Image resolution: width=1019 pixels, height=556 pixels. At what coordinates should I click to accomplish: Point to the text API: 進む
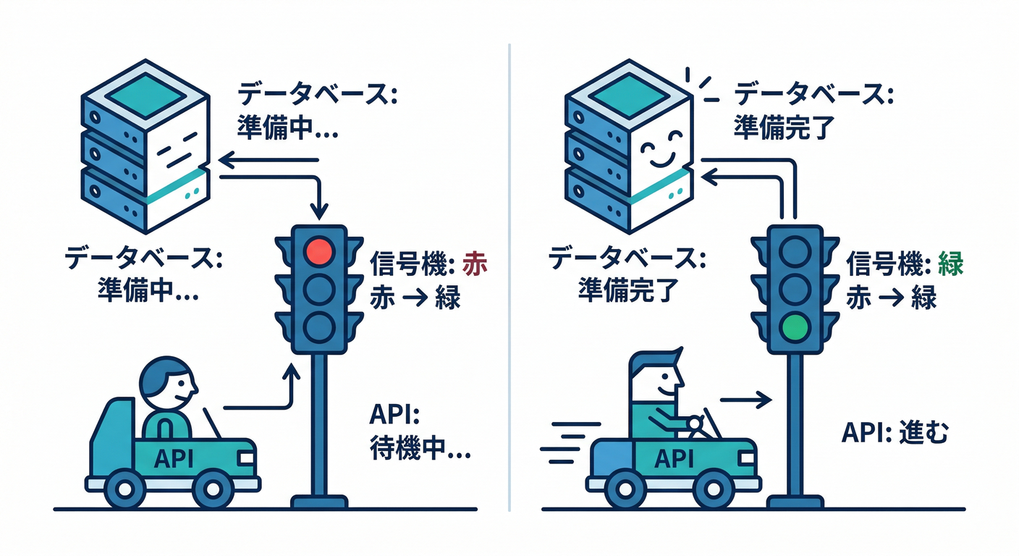pos(895,433)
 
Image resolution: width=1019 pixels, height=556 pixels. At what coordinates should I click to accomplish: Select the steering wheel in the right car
pos(696,424)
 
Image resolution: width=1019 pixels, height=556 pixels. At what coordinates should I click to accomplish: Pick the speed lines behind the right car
pos(570,442)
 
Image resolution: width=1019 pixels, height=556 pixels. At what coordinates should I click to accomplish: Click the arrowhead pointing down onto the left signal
pos(318,212)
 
